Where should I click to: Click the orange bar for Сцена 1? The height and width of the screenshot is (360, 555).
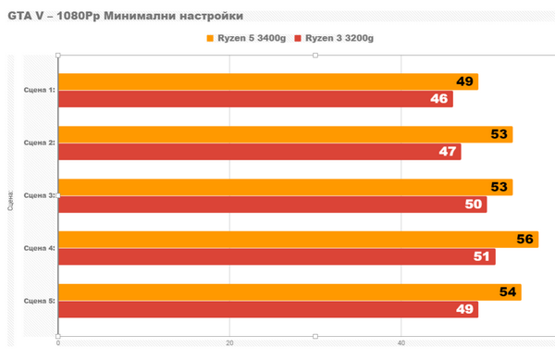pyautogui.click(x=259, y=81)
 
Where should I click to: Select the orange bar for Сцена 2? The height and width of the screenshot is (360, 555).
pyautogui.click(x=277, y=134)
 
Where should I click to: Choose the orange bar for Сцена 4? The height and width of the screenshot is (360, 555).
pyautogui.click(x=287, y=240)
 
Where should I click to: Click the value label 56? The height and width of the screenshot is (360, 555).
pyautogui.click(x=525, y=240)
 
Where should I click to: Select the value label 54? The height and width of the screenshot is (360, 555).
pyautogui.click(x=508, y=292)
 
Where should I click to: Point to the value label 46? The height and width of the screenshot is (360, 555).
pyautogui.click(x=438, y=99)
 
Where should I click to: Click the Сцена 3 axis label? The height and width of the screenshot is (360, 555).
pyautogui.click(x=39, y=195)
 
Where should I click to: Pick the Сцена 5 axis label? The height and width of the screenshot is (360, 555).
pyautogui.click(x=39, y=301)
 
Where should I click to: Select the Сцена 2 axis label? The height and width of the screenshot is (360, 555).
pyautogui.click(x=39, y=143)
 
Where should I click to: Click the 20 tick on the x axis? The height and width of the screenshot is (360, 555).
pyautogui.click(x=229, y=343)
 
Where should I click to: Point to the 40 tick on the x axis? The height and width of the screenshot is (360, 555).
pyautogui.click(x=401, y=343)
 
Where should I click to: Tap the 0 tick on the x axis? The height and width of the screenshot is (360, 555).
pyautogui.click(x=58, y=343)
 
